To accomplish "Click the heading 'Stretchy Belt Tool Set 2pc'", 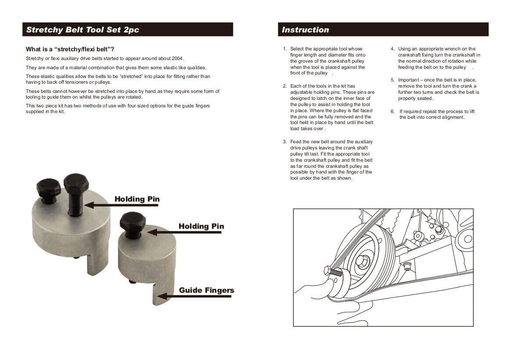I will (82, 30).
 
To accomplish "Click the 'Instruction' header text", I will (305, 30).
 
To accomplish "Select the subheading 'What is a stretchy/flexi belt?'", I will (70, 49).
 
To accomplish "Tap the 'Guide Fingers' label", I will (206, 290).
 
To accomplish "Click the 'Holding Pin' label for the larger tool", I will (137, 199).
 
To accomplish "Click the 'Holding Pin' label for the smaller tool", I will (201, 226).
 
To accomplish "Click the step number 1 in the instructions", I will (285, 49).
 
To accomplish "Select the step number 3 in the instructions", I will (285, 142).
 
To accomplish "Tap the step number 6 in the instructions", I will (393, 111).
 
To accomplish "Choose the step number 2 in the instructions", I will (285, 86).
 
